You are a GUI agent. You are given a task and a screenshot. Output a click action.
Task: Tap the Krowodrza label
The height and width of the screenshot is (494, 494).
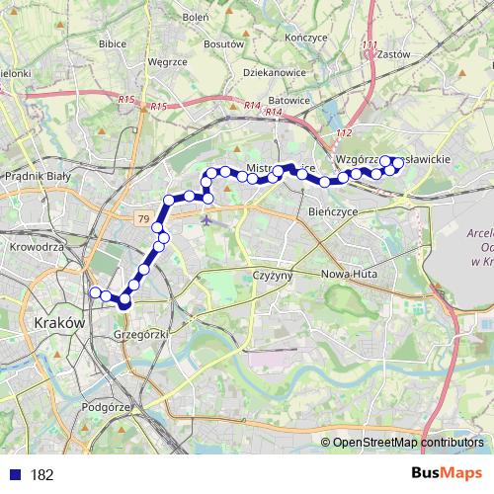[36, 248]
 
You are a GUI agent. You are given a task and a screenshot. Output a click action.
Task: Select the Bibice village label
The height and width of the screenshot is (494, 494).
[115, 43]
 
